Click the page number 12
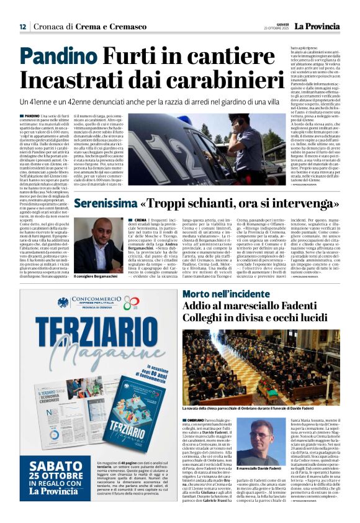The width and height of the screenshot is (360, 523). coord(23,27)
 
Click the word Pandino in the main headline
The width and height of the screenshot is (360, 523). coord(57,58)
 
